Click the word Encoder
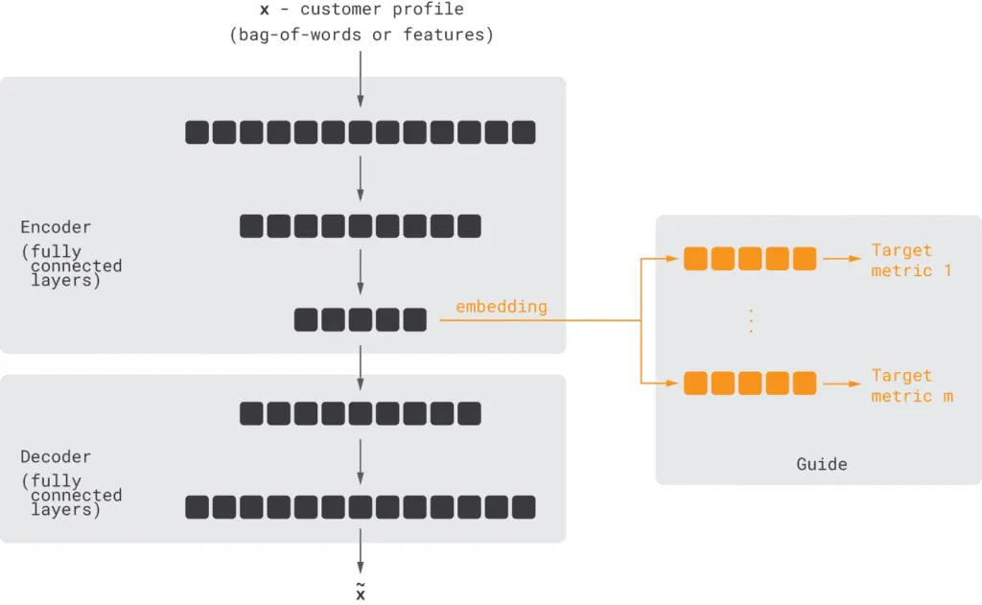(x=56, y=227)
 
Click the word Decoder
(x=56, y=457)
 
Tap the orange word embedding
(x=501, y=307)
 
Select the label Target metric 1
(x=910, y=260)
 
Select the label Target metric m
(x=911, y=385)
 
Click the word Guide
(x=821, y=464)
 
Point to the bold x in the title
(x=265, y=10)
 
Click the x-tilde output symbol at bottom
(x=361, y=592)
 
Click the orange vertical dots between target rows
(x=751, y=321)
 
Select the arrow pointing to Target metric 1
(x=842, y=259)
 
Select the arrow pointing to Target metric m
(x=842, y=384)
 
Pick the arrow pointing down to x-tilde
(x=361, y=551)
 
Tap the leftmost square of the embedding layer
(x=306, y=319)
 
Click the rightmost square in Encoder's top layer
(x=524, y=132)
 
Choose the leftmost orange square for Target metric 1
(x=695, y=259)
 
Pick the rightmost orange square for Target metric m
(x=805, y=384)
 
